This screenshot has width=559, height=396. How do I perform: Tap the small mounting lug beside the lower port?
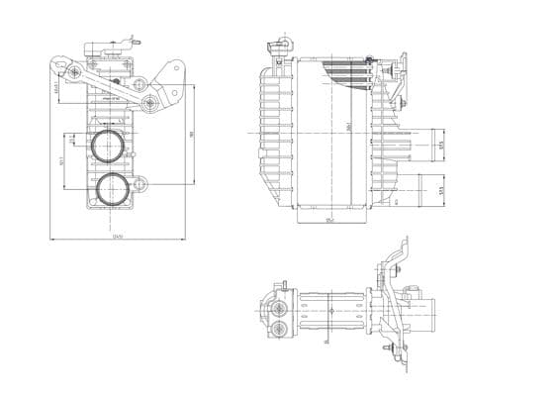click(141, 184)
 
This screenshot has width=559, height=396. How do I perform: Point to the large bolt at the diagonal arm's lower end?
click(149, 104)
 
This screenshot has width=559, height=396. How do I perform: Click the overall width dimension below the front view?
click(117, 238)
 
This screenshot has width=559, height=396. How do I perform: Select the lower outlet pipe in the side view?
click(430, 187)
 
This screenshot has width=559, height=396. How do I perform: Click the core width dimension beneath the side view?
click(330, 220)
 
